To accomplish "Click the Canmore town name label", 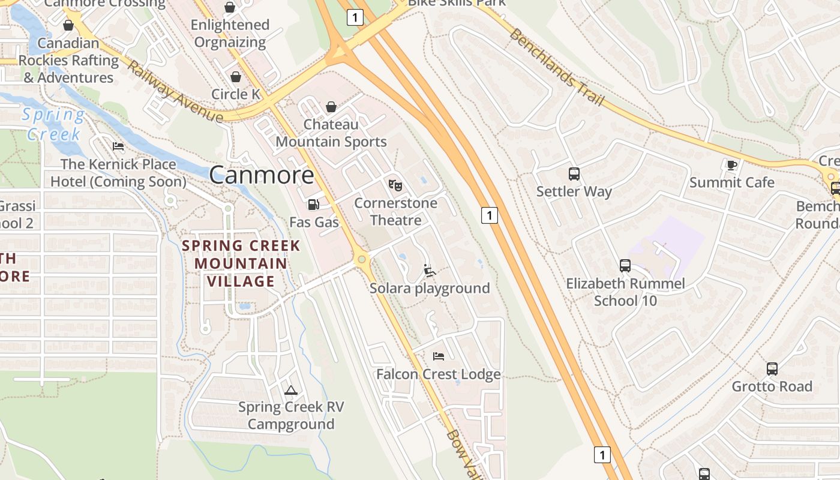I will tap(262, 175).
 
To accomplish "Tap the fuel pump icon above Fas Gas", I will tap(313, 205).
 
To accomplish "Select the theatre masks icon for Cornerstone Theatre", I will tap(395, 185).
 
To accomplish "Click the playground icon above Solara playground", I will tap(430, 271).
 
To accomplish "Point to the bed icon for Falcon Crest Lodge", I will tap(439, 356).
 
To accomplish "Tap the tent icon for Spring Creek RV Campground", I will tap(291, 390).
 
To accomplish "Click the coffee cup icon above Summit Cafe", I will tap(731, 165).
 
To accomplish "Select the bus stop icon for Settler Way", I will tap(574, 174).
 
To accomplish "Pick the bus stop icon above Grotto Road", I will tap(772, 369).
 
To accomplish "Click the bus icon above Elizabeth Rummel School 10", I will tap(625, 265).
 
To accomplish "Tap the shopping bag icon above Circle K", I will tap(236, 77).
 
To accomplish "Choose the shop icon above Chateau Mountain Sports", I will tap(331, 107).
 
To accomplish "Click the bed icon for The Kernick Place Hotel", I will tap(118, 146).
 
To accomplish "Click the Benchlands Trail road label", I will tap(556, 67).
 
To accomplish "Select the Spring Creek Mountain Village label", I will tap(241, 263).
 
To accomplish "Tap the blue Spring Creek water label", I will tap(53, 124).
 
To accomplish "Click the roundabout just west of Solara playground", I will tap(361, 259).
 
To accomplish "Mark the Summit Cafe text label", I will tap(731, 182).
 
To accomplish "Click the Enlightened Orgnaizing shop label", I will tap(229, 34).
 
